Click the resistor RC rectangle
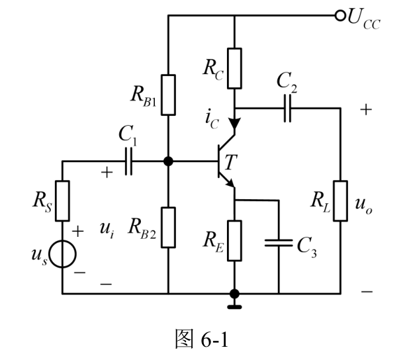pos(234,68)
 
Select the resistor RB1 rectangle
pos(168,95)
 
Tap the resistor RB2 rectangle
pos(168,228)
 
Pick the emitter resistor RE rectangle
pos(234,241)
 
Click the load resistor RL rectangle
pos(340,201)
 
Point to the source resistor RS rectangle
pos(62,201)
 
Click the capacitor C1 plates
pos(128,161)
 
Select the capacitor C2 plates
pos(287,108)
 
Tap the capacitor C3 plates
pos(279,243)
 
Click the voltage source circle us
pos(62,254)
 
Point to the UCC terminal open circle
pos(340,16)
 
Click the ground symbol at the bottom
pos(234,307)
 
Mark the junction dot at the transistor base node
pos(168,161)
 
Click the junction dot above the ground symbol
pos(234,294)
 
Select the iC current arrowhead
pos(234,123)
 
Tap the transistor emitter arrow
pos(230,183)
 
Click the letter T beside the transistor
pos(230,162)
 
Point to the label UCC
pos(364,19)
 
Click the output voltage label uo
pos(363,205)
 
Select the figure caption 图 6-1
pos(202,339)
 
